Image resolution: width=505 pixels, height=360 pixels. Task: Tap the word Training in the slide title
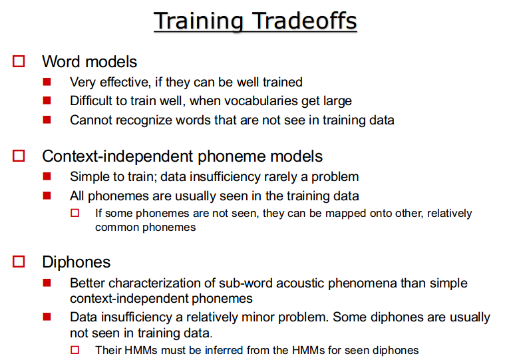198,21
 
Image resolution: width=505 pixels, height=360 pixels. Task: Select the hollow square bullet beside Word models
19,61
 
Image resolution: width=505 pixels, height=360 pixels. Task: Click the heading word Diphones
77,262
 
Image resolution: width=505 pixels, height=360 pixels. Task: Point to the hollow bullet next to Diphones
19,262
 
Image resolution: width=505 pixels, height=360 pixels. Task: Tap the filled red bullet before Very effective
47,82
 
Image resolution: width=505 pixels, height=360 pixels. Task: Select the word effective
124,82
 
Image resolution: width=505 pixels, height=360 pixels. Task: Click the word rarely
281,177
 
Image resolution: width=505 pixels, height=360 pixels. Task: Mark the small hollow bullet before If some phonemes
75,213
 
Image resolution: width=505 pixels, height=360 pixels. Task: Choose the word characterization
162,283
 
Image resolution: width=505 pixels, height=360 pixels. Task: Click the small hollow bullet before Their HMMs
75,350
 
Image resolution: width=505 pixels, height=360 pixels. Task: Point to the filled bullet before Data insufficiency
47,317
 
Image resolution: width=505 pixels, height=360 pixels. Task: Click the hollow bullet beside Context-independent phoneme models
19,156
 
